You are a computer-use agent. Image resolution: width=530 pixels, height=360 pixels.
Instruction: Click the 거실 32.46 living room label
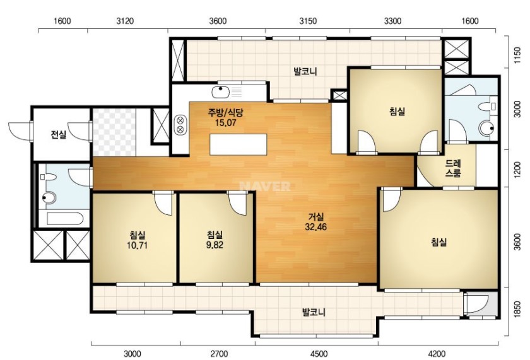315,221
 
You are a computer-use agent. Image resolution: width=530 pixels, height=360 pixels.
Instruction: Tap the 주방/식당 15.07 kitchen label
225,117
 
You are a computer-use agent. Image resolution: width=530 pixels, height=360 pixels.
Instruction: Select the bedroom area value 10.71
137,245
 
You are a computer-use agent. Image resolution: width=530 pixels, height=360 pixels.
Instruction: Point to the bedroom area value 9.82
215,245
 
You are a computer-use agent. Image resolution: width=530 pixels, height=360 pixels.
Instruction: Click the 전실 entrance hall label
59,135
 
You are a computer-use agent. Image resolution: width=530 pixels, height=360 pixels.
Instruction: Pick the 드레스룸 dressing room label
453,168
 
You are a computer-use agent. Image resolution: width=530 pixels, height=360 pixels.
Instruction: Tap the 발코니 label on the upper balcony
305,72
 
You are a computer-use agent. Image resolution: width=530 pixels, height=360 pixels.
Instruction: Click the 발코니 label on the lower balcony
314,312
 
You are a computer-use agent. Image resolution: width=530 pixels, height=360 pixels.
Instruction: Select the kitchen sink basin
220,91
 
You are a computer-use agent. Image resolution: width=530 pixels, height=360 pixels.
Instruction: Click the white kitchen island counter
238,144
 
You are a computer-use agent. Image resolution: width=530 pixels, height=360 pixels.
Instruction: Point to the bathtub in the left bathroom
65,219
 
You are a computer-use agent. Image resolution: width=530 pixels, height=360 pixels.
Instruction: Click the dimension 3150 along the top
308,21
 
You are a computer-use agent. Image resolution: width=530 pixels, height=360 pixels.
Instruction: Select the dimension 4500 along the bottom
319,354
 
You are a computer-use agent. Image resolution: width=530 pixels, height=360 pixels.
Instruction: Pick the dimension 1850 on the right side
517,310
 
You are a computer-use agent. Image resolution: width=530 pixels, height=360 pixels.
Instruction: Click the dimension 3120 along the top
125,21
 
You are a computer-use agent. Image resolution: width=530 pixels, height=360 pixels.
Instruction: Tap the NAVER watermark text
264,187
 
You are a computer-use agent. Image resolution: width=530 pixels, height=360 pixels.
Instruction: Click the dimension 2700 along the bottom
219,354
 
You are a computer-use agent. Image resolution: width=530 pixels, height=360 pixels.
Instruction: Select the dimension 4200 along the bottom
437,354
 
